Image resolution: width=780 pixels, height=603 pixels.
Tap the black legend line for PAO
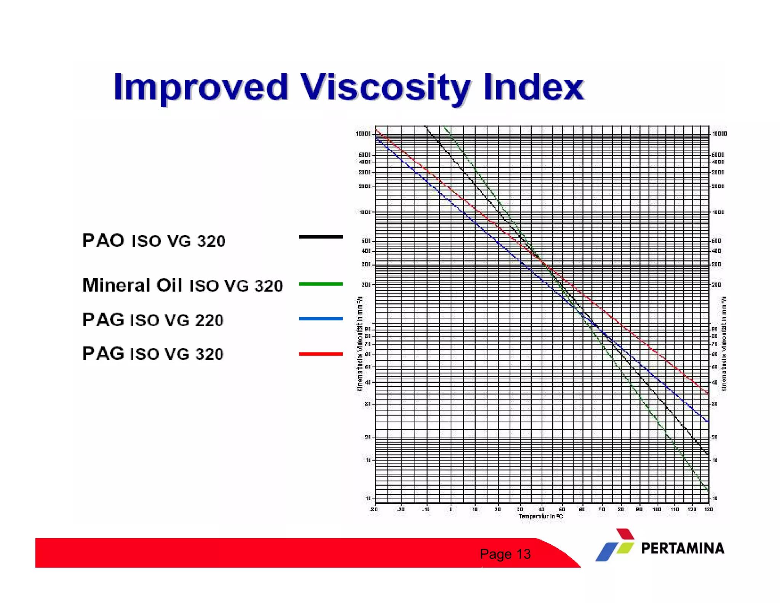321,237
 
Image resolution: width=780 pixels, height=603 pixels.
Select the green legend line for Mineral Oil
321,284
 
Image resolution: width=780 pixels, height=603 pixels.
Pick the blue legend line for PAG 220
321,318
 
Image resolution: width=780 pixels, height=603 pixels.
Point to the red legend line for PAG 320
321,354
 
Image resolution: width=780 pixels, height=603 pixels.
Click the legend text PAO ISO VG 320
154,241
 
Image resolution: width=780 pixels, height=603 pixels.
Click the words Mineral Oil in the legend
132,285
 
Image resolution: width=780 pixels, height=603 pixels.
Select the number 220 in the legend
209,321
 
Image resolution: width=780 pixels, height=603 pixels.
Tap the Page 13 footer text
505,554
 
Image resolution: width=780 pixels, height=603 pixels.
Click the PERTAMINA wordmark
682,548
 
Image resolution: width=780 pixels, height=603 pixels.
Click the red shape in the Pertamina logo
625,534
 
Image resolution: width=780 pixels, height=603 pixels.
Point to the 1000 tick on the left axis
364,212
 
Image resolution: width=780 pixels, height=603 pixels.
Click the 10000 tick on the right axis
719,134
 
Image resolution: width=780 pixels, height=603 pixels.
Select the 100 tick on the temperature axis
657,509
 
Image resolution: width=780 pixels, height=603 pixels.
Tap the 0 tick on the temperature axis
451,509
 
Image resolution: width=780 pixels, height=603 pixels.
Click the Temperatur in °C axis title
540,516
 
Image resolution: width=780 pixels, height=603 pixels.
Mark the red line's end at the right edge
708,393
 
